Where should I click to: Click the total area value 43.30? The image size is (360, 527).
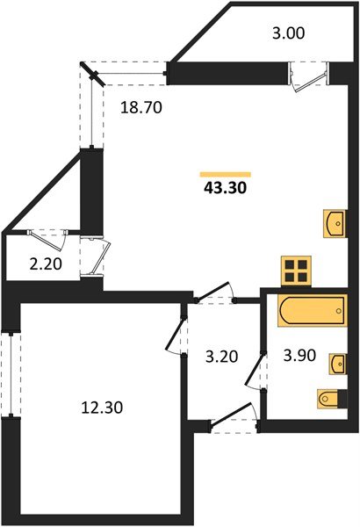226,187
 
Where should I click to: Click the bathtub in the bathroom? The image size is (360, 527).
312,313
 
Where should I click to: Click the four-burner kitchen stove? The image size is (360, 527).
299,270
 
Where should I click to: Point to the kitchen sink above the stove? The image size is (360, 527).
335,225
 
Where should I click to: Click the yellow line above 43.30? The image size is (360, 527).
226,174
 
